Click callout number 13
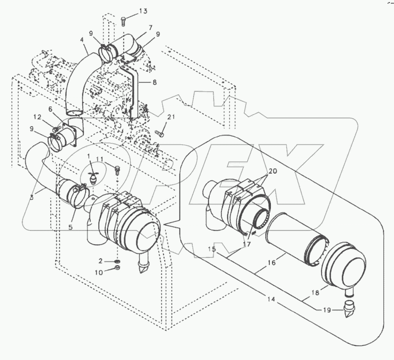tap(143, 11)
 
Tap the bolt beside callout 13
tap(123, 21)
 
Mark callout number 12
tap(47, 117)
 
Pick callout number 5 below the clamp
tap(71, 228)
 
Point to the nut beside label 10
tap(118, 268)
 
